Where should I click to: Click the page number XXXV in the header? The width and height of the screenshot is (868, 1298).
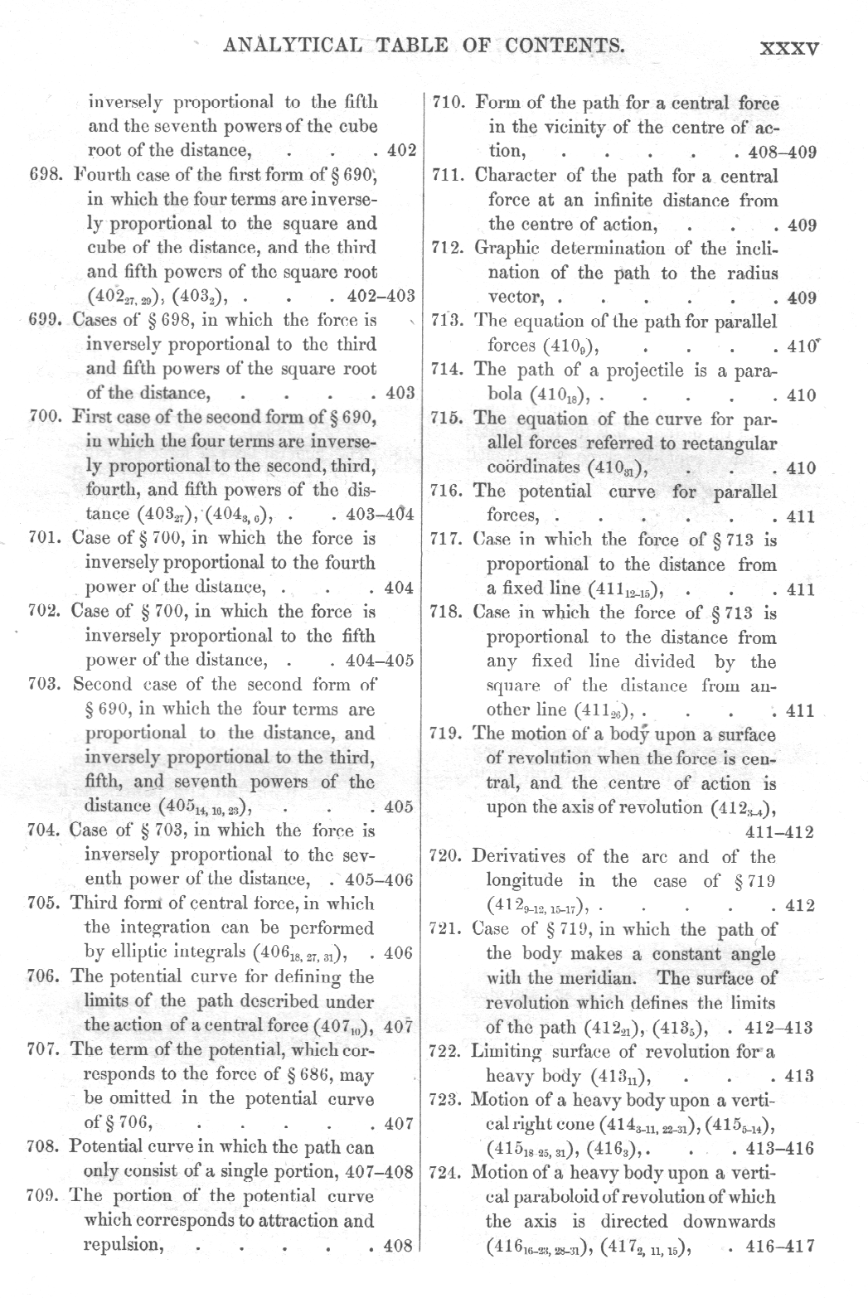789,48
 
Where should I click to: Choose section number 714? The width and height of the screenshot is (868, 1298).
450,371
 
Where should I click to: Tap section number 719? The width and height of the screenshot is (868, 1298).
449,734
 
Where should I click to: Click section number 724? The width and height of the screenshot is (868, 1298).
449,1172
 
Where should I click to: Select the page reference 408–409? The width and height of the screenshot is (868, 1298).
782,153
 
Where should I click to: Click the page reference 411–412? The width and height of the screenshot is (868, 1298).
780,832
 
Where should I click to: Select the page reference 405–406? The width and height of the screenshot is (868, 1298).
377,879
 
